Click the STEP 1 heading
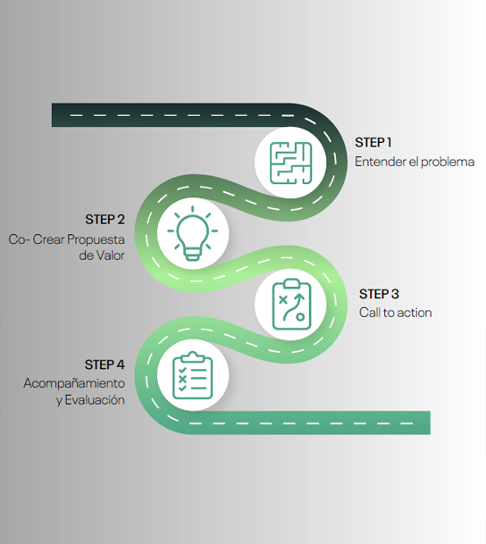[x=373, y=142]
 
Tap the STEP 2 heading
[x=105, y=219]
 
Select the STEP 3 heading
[x=379, y=294]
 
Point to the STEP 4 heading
[x=105, y=364]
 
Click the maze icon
[x=290, y=163]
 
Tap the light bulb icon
[x=193, y=233]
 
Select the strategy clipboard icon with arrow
[x=291, y=305]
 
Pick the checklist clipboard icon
[x=193, y=375]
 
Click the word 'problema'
[x=448, y=163]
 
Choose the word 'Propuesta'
[x=96, y=239]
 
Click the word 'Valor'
[x=110, y=255]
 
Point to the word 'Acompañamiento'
[x=74, y=383]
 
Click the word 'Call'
[x=370, y=313]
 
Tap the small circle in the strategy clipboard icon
[x=300, y=317]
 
